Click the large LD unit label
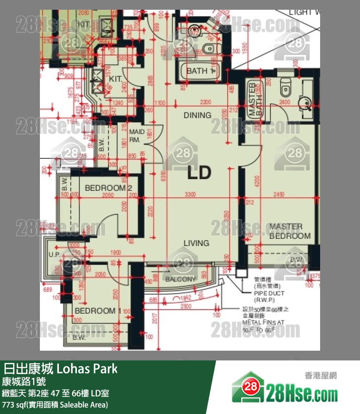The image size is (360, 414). pos(199,172)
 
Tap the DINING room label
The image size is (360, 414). pos(197,115)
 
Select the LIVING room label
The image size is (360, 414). pos(197,243)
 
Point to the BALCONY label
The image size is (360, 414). pos(180,280)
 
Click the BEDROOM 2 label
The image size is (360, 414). pos(108,188)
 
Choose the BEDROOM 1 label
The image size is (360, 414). pos(98,311)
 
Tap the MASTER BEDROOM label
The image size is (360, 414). pos(290,231)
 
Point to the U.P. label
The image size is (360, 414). pos(54,255)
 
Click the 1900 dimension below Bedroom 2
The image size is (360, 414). pos(102,252)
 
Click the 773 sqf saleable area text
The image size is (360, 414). pos(55,404)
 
